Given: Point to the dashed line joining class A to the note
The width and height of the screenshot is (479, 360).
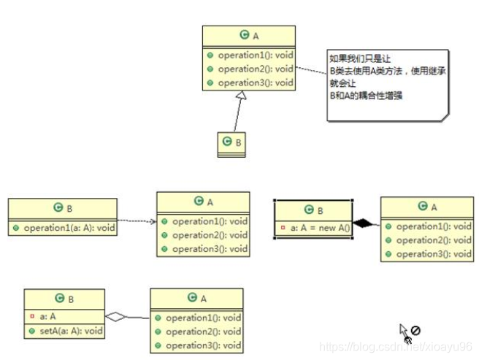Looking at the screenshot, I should [x=311, y=72].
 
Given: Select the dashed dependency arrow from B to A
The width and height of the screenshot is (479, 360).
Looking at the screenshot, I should [x=137, y=221].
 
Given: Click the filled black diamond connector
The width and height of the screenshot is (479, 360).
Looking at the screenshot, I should [x=364, y=222].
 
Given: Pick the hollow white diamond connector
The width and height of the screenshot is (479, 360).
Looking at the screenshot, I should [x=115, y=316].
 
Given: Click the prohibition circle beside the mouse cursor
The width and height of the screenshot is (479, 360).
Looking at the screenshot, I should [x=415, y=331].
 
